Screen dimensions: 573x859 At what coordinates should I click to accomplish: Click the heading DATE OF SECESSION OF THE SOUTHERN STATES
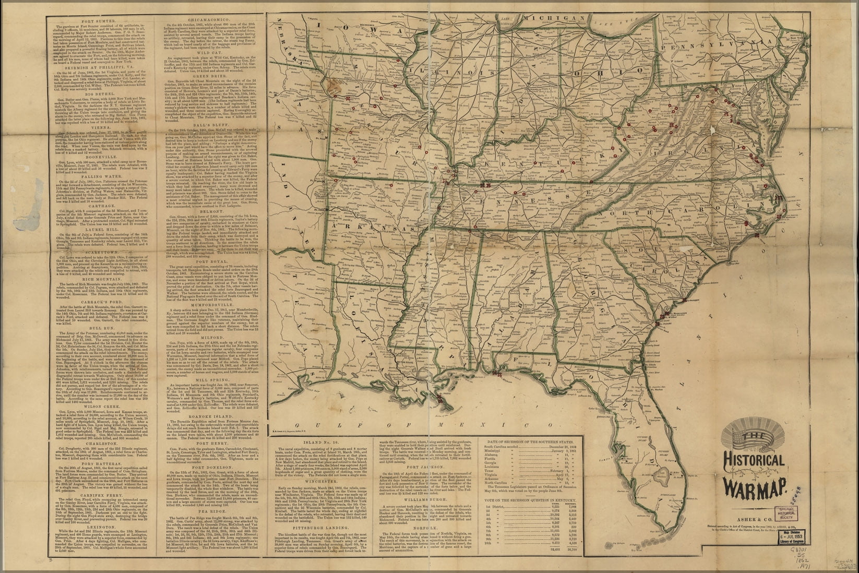pyautogui.click(x=531, y=443)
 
